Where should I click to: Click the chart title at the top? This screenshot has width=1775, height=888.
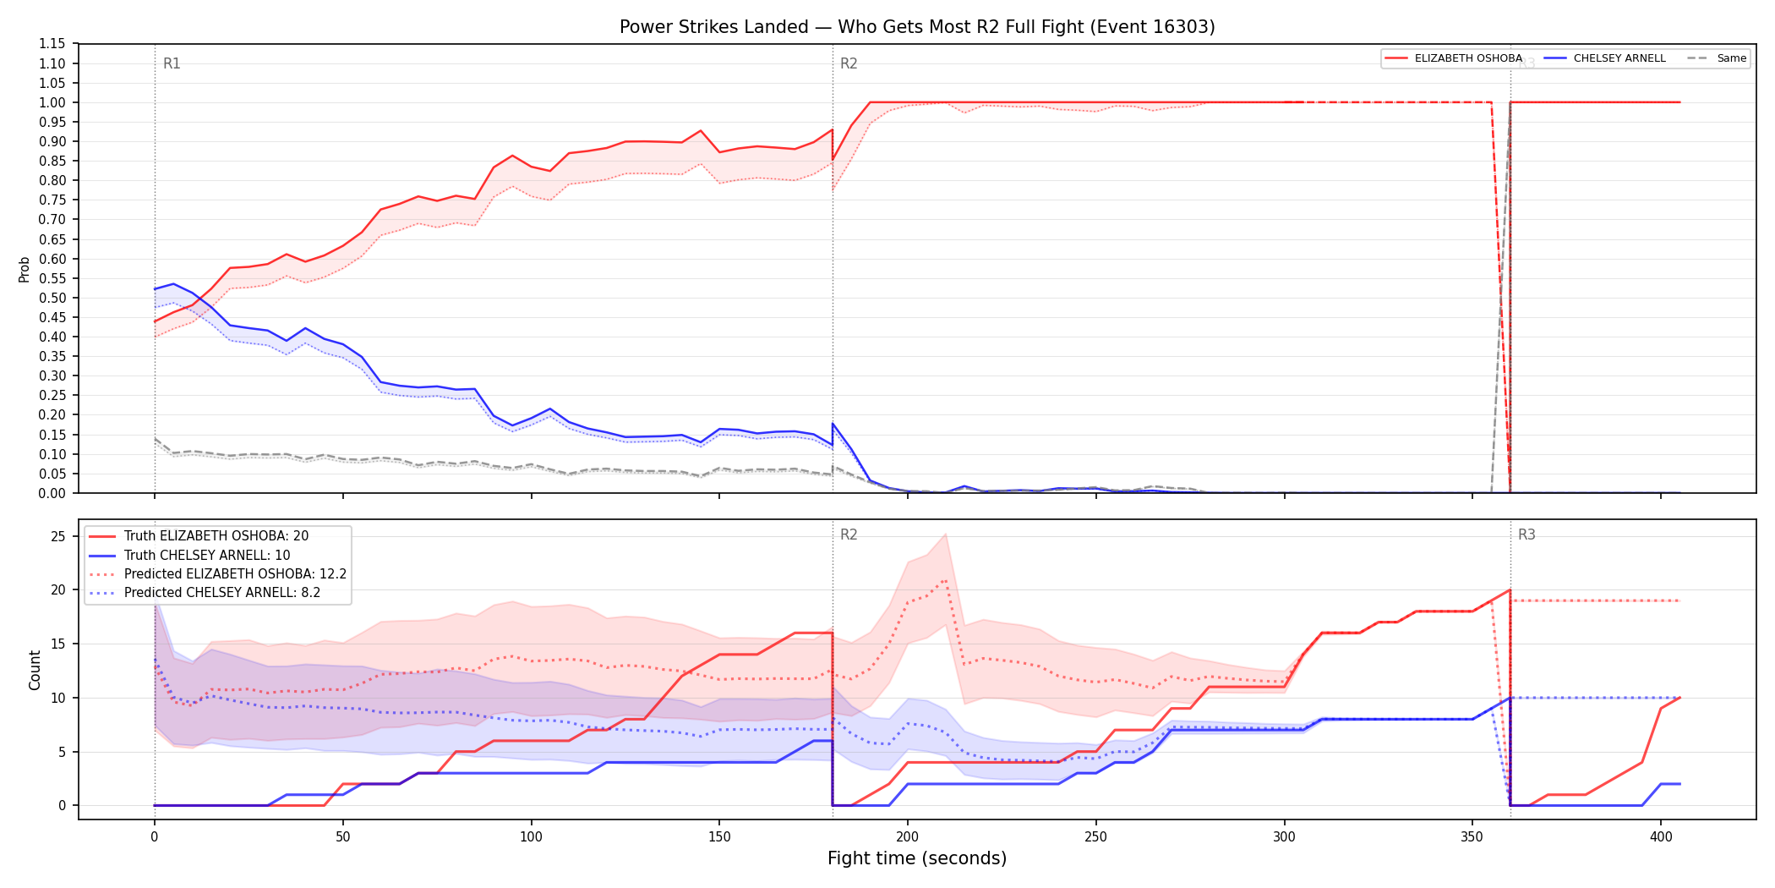click(917, 27)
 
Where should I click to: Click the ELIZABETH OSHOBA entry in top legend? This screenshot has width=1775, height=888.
click(1454, 58)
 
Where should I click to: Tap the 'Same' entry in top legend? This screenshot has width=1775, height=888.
click(1717, 58)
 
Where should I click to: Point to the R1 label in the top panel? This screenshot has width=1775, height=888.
click(172, 63)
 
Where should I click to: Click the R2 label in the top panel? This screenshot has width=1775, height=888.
click(849, 63)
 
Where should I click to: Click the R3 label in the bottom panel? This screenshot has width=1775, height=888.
click(1526, 534)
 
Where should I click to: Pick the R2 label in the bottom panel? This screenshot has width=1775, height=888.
click(849, 534)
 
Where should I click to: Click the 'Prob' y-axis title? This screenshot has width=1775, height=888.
click(25, 269)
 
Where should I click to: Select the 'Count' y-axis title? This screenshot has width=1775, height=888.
click(35, 670)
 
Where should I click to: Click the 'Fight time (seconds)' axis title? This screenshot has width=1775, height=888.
click(917, 858)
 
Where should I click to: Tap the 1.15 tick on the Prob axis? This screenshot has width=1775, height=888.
click(52, 44)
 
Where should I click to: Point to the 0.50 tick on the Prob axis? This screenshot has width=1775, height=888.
click(52, 298)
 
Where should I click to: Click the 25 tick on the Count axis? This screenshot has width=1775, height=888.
click(58, 536)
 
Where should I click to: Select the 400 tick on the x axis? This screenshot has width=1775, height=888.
click(1661, 837)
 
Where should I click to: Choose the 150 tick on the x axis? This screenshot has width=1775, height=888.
click(719, 837)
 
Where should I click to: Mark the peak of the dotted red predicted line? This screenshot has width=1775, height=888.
click(945, 580)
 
